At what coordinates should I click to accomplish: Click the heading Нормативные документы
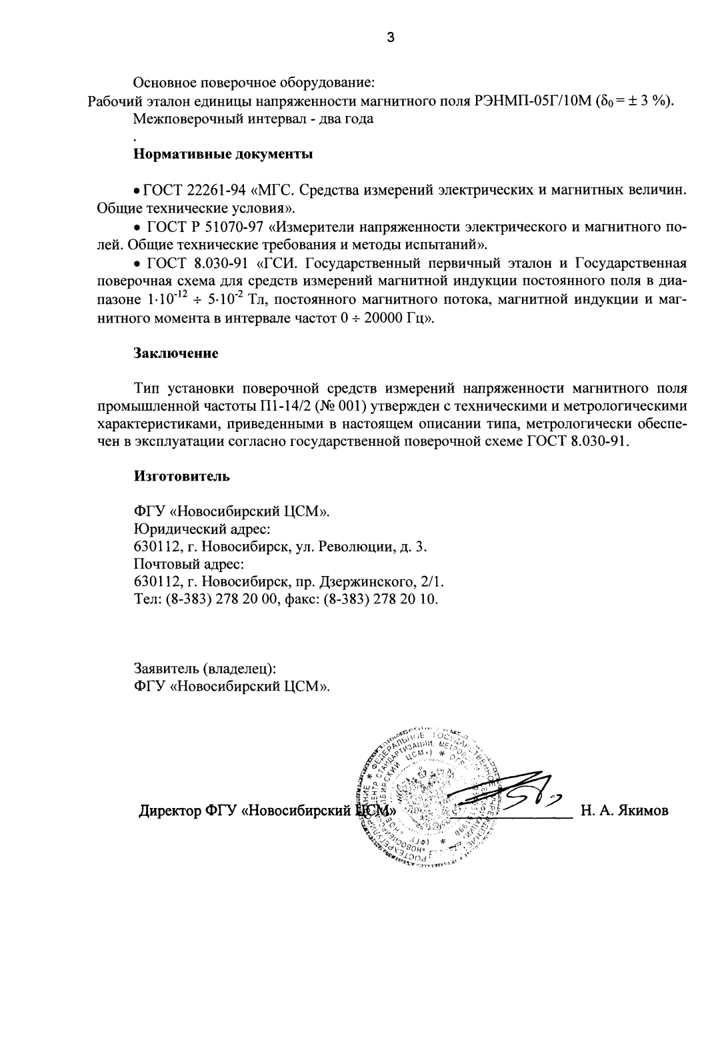click(223, 155)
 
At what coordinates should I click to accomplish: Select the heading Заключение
click(176, 353)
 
